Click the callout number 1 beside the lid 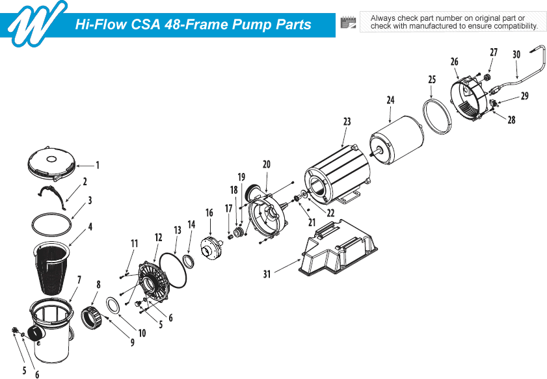[98, 164]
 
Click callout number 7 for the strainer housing [79, 280]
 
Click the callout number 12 [157, 238]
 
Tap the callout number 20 [266, 165]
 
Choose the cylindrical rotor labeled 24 [397, 142]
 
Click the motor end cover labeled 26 [470, 98]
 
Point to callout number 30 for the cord [516, 55]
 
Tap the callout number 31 [267, 274]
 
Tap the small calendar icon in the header [349, 23]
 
